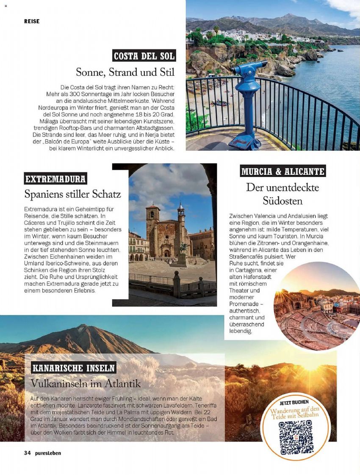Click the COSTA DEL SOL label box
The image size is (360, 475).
tap(144, 55)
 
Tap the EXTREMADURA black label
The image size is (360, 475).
tap(55, 179)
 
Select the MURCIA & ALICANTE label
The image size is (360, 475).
tap(283, 171)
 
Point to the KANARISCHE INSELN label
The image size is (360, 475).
tap(73, 367)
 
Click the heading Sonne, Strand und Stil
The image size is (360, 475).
tap(125, 72)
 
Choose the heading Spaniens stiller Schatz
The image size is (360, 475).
tap(73, 194)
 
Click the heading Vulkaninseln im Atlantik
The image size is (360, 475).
tap(86, 384)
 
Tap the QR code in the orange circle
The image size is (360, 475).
tap(296, 437)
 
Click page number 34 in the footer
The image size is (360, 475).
tap(28, 453)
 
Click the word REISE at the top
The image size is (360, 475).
tap(32, 21)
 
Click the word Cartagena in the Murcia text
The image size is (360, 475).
tap(245, 270)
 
